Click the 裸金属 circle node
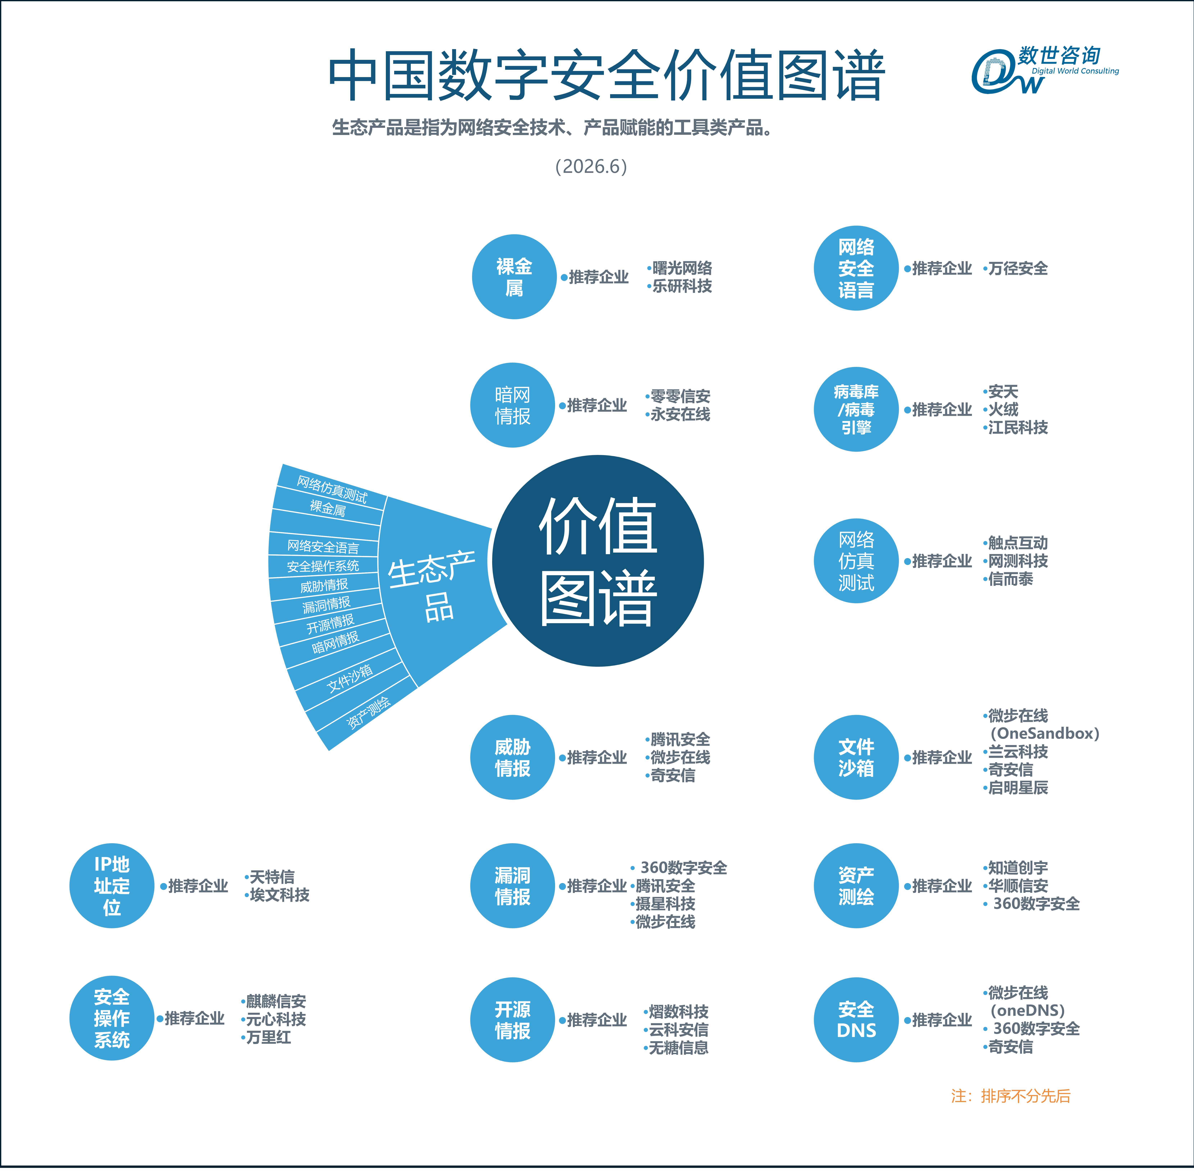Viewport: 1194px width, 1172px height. (x=514, y=277)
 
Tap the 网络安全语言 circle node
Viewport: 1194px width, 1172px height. (x=856, y=268)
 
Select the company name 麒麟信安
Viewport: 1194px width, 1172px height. (x=276, y=1001)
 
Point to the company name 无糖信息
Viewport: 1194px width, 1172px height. (x=679, y=1048)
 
